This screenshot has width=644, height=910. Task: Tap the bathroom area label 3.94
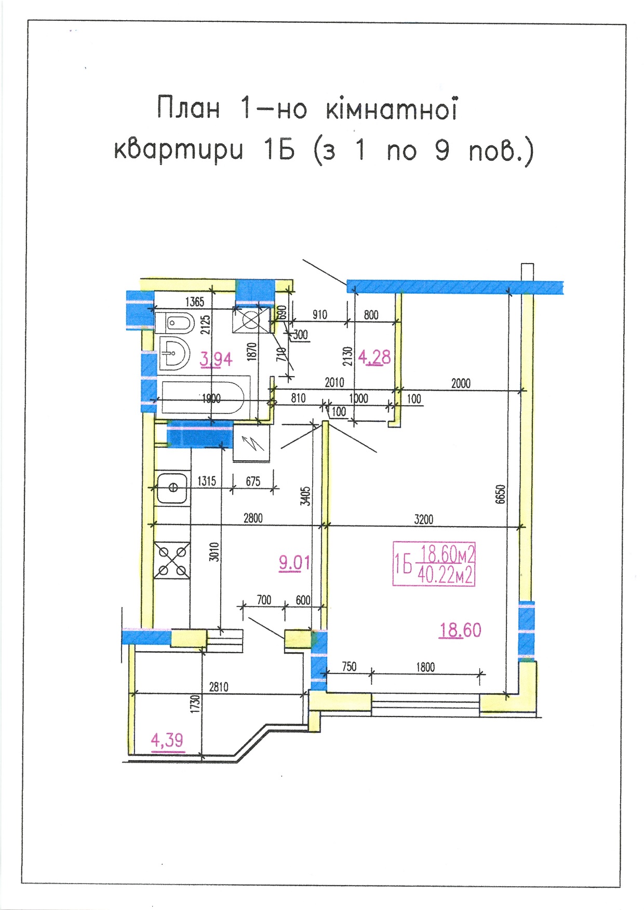(x=217, y=359)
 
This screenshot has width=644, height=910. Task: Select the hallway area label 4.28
(x=374, y=357)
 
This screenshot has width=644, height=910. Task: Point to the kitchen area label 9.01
(x=294, y=562)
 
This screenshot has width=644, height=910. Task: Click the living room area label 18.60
(x=461, y=630)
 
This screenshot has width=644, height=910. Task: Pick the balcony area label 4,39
(x=167, y=740)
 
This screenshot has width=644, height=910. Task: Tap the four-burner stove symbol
(x=172, y=560)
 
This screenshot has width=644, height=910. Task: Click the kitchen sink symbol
(x=171, y=488)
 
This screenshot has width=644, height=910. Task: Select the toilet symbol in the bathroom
(x=174, y=324)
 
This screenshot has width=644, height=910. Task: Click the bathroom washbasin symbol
(x=173, y=354)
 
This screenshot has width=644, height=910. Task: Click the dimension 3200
(x=424, y=519)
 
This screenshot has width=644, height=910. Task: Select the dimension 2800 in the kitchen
(x=253, y=518)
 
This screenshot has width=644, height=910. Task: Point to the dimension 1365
(x=195, y=302)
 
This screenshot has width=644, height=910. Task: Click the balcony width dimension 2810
(x=219, y=687)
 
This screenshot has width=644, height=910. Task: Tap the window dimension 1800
(x=425, y=667)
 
